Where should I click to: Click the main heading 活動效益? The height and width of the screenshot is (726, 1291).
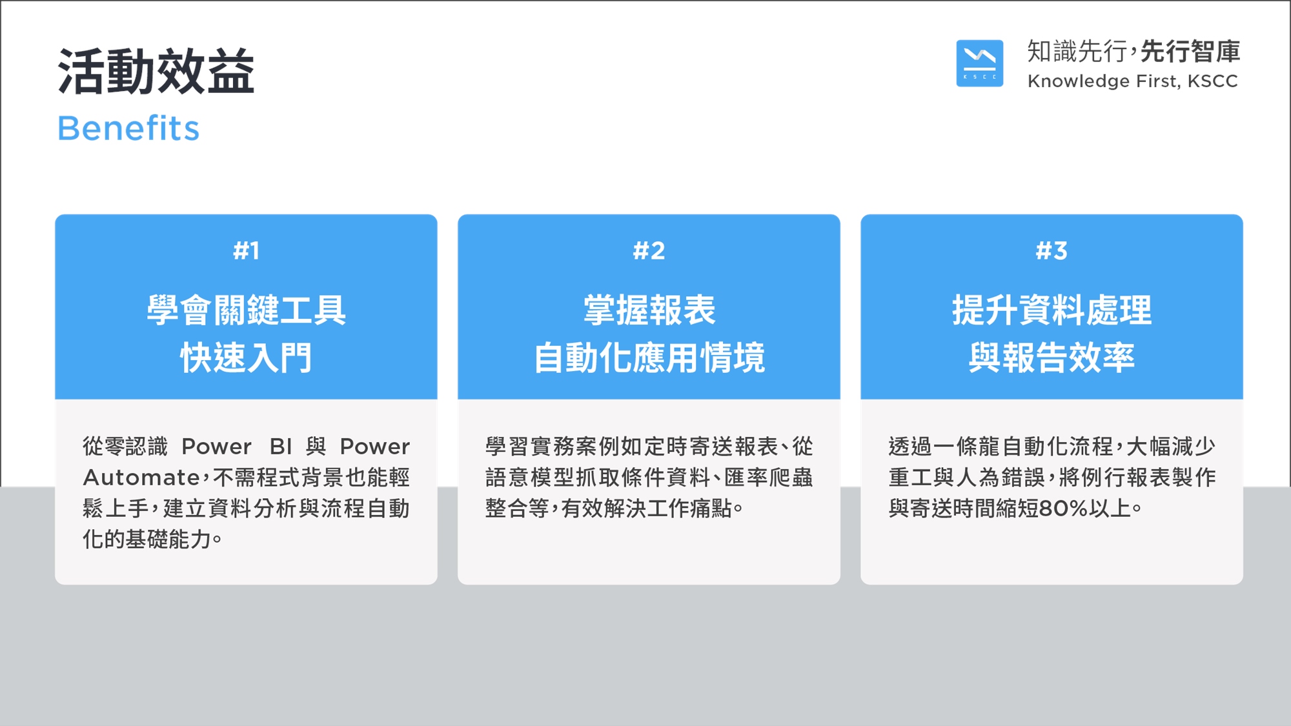(x=156, y=72)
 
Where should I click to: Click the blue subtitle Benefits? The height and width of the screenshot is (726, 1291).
(x=128, y=128)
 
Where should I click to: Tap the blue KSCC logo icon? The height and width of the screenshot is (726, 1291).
(x=979, y=63)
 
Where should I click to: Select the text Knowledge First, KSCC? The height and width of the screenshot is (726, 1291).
(x=1132, y=81)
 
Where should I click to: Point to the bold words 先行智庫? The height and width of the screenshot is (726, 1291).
(x=1190, y=52)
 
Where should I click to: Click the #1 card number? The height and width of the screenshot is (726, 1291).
(x=246, y=250)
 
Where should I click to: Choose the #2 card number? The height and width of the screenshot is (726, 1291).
(x=649, y=250)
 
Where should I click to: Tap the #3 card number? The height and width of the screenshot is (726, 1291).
(x=1052, y=250)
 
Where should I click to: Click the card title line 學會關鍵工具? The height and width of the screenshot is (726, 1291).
(x=246, y=310)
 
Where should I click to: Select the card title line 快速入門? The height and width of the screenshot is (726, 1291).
(x=246, y=358)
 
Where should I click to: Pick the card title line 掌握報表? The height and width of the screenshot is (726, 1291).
(x=649, y=310)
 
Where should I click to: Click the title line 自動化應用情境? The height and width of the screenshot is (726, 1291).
(x=649, y=358)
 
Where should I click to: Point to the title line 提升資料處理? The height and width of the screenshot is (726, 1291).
(x=1052, y=310)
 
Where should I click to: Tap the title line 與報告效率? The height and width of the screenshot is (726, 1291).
(x=1052, y=358)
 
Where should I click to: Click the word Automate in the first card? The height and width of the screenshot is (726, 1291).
(x=141, y=478)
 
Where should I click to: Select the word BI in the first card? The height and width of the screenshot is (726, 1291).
(x=281, y=447)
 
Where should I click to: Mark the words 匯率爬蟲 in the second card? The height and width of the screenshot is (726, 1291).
(x=768, y=478)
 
